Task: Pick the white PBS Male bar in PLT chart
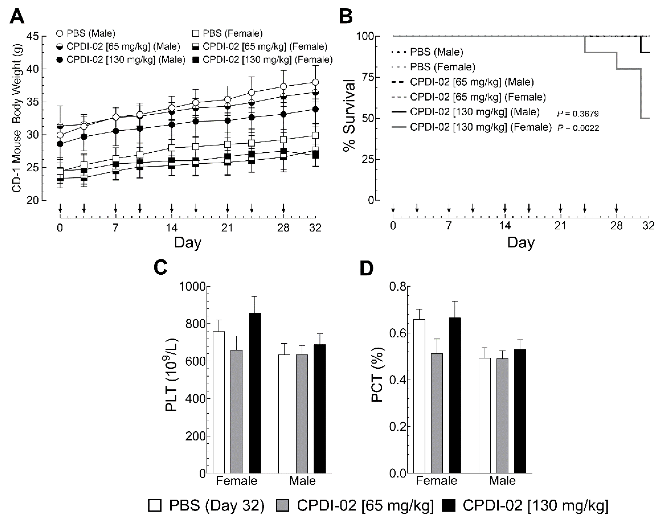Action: tap(284, 414)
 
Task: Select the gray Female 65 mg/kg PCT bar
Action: tap(437, 413)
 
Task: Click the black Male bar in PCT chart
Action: tap(520, 411)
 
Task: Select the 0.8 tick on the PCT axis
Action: tap(397, 287)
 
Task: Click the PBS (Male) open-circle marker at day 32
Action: tap(315, 82)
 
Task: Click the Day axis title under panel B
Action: tap(521, 243)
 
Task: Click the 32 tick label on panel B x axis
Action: tap(648, 226)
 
